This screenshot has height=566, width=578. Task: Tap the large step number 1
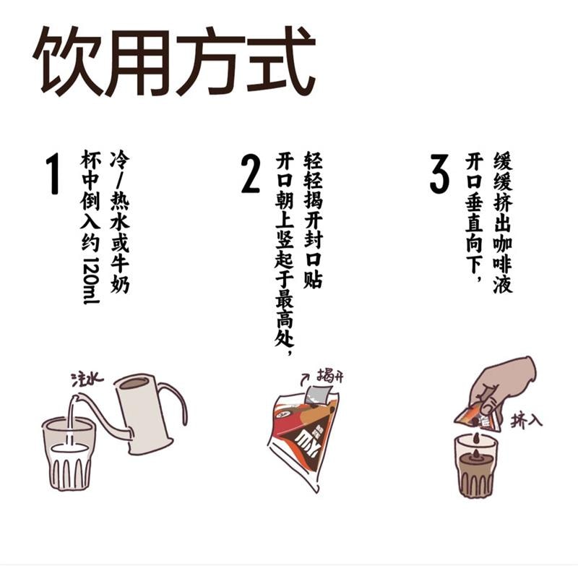pos(52,173)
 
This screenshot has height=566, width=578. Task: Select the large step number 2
pos(250,173)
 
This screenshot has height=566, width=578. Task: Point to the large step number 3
pos(439,173)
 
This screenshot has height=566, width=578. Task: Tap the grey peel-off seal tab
pos(316,394)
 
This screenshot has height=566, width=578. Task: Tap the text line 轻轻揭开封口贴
pos(312,220)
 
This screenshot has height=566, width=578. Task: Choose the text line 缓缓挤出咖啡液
pos(502,220)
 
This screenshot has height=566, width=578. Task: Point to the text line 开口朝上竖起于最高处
pos(283,257)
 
